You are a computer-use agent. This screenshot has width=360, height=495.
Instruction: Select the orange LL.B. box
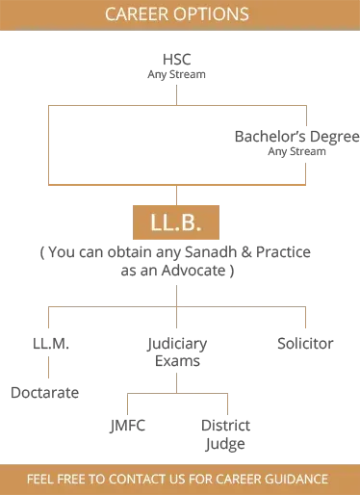point(178,222)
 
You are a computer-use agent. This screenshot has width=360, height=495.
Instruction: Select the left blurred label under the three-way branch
point(47,344)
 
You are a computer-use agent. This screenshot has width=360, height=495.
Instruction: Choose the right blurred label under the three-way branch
point(307,344)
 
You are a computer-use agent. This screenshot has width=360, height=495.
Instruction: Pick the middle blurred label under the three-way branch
point(173,351)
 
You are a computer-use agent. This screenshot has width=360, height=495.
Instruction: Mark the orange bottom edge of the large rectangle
point(178,180)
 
